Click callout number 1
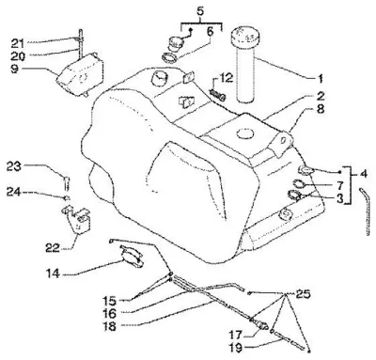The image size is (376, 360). [320, 78]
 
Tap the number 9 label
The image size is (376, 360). [15, 69]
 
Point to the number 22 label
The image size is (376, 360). [52, 248]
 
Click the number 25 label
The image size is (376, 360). [303, 294]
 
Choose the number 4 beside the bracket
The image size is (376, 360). [364, 173]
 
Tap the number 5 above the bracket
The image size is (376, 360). [201, 11]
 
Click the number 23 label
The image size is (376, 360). [14, 166]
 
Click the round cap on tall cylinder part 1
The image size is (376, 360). [246, 37]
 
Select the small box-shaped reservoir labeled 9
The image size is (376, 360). [81, 74]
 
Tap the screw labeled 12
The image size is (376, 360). [218, 95]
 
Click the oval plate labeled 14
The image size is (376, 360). [133, 256]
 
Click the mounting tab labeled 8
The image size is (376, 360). [282, 142]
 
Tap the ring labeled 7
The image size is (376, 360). [300, 184]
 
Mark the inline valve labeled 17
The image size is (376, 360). [260, 323]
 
